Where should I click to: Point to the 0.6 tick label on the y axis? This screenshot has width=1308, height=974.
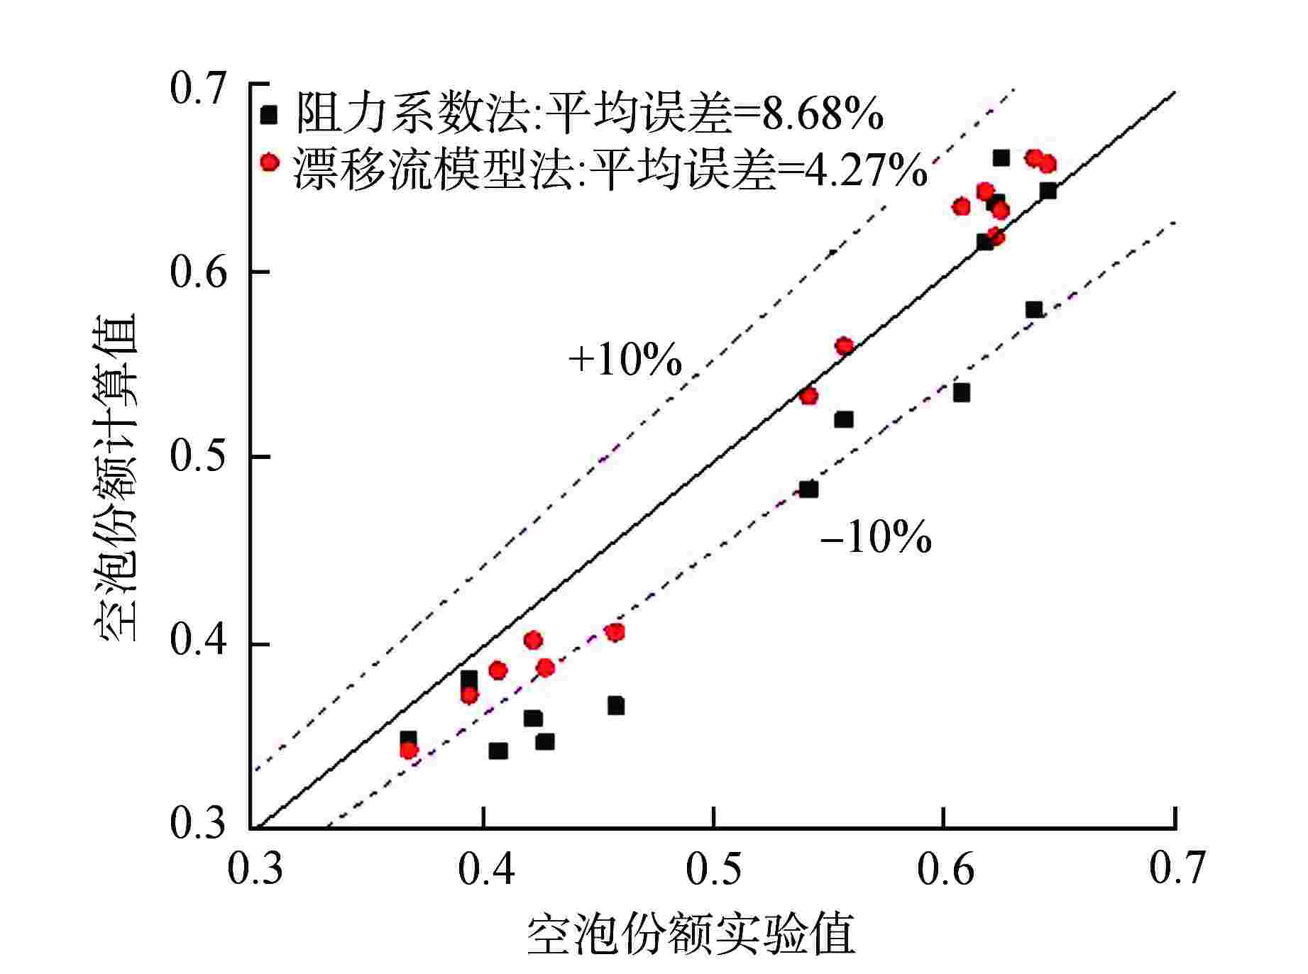[198, 272]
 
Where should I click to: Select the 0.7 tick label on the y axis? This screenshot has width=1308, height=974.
[198, 88]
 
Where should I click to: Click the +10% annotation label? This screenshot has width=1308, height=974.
[625, 360]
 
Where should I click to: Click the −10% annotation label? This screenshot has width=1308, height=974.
[875, 538]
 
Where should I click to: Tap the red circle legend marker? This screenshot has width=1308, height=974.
[269, 162]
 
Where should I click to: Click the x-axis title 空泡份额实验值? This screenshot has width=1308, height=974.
[691, 936]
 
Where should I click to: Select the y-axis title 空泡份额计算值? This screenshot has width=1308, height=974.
[115, 478]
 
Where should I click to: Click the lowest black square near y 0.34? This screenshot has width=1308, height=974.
[498, 751]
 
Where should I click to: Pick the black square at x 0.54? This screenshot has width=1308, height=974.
[809, 489]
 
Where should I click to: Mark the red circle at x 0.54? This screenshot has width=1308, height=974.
[808, 396]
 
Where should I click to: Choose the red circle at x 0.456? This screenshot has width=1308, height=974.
[615, 632]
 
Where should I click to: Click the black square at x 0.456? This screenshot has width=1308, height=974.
[615, 706]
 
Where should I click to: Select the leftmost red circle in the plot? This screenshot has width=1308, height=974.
[409, 751]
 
